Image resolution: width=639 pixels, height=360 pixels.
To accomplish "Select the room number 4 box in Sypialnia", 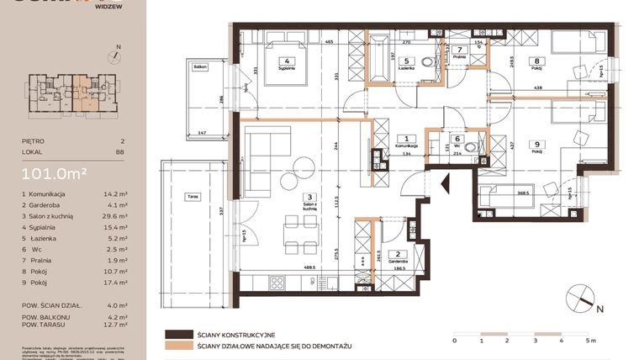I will [288, 61].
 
